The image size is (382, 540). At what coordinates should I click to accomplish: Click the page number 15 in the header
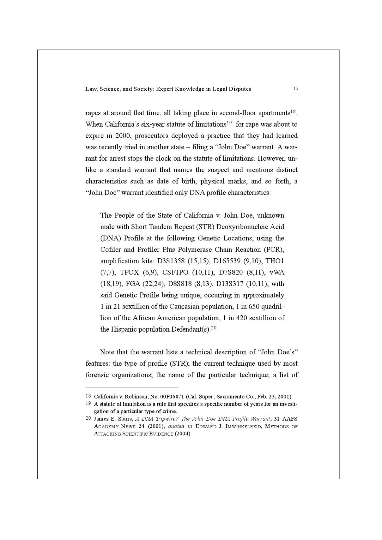(x=296, y=88)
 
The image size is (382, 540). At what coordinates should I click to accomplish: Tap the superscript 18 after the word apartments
(x=293, y=111)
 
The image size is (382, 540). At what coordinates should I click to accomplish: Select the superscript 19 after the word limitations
(x=229, y=123)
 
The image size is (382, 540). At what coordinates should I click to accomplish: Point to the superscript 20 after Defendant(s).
(x=214, y=328)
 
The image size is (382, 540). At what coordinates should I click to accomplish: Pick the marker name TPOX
(x=129, y=272)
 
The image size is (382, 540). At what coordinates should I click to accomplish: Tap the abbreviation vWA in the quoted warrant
(x=277, y=272)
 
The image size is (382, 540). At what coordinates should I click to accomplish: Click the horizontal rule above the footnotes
(x=132, y=387)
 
